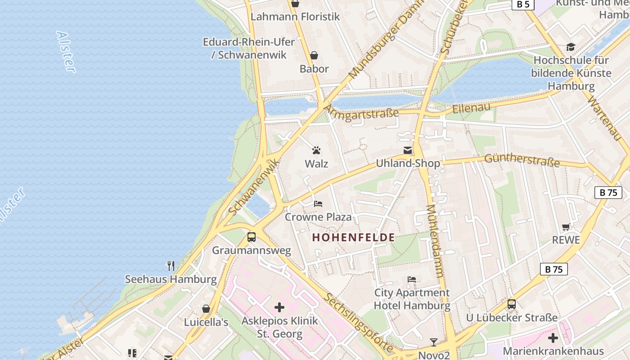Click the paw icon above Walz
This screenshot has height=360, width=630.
(316, 150)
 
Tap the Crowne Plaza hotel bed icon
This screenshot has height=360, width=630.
(318, 204)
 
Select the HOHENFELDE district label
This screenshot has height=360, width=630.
(353, 238)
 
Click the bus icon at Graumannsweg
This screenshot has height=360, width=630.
(252, 237)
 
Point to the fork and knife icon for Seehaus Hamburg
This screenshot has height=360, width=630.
(171, 266)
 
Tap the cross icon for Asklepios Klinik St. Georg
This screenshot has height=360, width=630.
(279, 308)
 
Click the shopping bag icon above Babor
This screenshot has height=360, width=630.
(314, 55)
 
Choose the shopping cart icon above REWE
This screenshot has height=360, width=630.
(566, 227)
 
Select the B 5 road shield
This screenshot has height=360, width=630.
(522, 4)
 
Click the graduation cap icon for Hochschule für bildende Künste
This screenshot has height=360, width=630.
(571, 47)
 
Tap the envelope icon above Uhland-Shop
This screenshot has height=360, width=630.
(408, 150)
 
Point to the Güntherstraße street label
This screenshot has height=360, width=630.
(522, 160)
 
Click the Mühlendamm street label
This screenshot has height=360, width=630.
(435, 241)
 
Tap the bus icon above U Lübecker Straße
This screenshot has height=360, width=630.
(512, 304)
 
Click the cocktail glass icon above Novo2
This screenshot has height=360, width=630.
(433, 342)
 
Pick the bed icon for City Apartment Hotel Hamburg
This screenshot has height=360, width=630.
(412, 279)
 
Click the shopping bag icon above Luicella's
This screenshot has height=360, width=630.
(206, 309)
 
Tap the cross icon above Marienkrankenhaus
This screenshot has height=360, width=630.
(553, 338)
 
